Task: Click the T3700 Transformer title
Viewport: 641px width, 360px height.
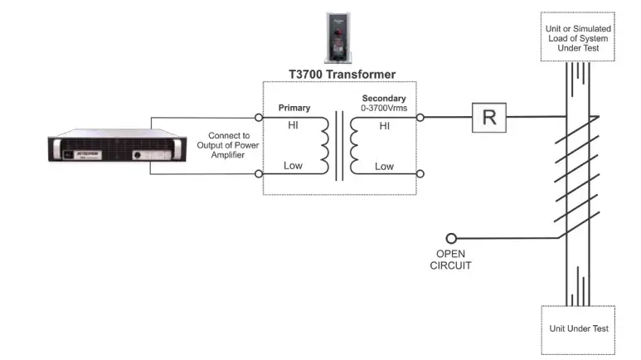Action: coord(342,75)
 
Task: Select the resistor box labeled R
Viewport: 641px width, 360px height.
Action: coord(488,118)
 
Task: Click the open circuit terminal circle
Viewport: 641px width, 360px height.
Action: coord(451,238)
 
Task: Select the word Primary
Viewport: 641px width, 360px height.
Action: coord(294,108)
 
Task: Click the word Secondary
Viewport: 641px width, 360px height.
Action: coord(384,97)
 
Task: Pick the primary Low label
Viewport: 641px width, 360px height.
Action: coord(294,166)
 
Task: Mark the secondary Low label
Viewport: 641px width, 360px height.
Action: coord(384,166)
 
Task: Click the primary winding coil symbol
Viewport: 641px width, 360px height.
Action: coord(322,146)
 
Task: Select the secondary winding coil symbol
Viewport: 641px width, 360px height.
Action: coord(356,146)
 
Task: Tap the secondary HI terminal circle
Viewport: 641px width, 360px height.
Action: coord(420,118)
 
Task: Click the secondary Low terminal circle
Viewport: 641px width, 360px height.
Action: coord(420,174)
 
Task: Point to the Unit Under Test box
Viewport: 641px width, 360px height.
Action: coord(578,328)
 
